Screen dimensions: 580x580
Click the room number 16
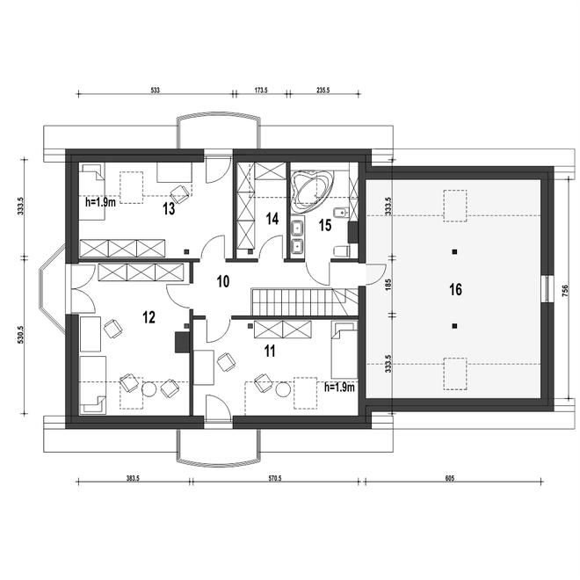456,289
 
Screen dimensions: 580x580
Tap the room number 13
169,209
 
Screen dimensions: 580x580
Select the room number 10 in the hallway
223,282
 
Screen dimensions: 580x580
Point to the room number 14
272,219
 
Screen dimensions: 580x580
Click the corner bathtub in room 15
312,192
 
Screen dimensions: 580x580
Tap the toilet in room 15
341,251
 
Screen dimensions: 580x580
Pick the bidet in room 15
340,213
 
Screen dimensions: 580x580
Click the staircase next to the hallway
305,301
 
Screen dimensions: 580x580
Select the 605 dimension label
449,478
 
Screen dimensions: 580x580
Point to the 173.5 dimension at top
261,90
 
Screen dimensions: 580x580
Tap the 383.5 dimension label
133,478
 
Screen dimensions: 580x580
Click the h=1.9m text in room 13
100,202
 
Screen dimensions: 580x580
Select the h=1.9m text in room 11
339,388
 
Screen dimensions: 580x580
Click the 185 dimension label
388,285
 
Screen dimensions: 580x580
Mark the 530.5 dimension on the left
21,335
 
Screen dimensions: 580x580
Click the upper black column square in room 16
454,252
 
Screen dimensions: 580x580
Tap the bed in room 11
344,350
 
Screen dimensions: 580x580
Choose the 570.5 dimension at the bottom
275,478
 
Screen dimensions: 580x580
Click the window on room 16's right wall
547,289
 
